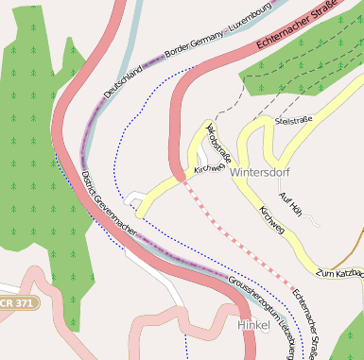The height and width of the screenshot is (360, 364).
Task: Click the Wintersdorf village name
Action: tap(260, 173)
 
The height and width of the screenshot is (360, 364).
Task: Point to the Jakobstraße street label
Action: tap(218, 142)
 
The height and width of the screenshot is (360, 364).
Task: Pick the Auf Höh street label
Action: tap(290, 201)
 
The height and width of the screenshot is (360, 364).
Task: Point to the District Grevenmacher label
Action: tap(108, 204)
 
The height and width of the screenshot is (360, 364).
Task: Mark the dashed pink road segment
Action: tap(236, 235)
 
